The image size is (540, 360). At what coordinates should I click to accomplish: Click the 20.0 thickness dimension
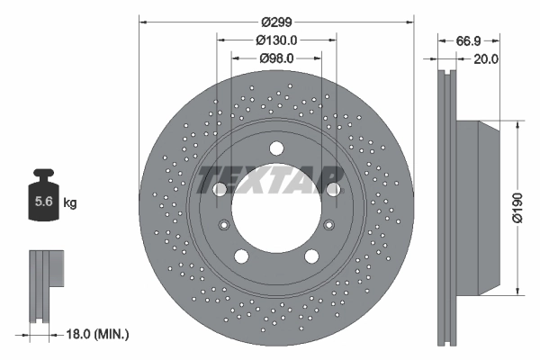[487, 59]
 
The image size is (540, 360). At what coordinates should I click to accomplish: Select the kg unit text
[70, 203]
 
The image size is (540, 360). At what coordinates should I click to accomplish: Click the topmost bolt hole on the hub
[276, 148]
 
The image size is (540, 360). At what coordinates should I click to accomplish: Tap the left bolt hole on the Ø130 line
[219, 189]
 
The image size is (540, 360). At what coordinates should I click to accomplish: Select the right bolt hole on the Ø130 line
[334, 189]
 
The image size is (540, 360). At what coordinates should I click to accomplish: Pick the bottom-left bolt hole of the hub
[241, 256]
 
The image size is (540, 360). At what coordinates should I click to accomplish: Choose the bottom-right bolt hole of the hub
[311, 256]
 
